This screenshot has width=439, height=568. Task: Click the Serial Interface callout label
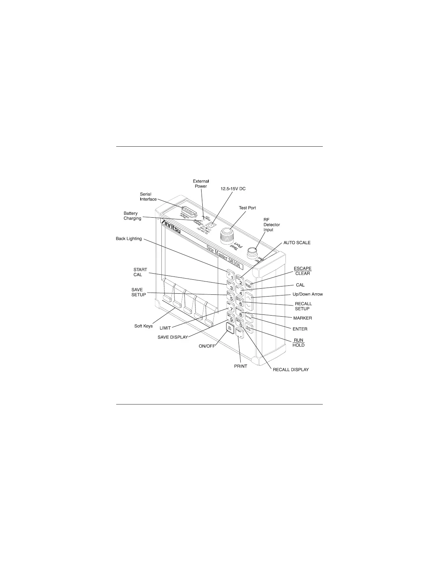pyautogui.click(x=148, y=197)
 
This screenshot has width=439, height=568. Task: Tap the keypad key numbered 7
pyautogui.click(x=230, y=307)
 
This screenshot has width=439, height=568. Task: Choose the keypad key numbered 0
pyautogui.click(x=240, y=323)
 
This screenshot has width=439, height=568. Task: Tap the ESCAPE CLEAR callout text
pyautogui.click(x=302, y=271)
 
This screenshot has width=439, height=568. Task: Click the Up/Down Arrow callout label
pyautogui.click(x=308, y=294)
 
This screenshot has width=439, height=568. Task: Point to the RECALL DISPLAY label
pyautogui.click(x=291, y=369)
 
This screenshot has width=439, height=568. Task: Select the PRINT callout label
pyautogui.click(x=240, y=366)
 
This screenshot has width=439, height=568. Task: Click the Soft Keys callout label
pyautogui.click(x=143, y=326)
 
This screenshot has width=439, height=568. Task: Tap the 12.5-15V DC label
pyautogui.click(x=233, y=189)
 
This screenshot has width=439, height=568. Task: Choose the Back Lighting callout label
pyautogui.click(x=129, y=238)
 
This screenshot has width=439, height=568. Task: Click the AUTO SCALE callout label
pyautogui.click(x=297, y=243)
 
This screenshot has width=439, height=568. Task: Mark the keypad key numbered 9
pyautogui.click(x=230, y=318)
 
